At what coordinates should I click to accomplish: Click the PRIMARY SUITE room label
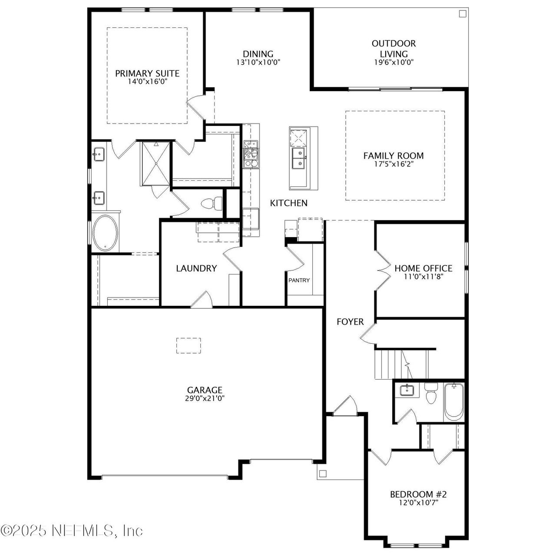click(x=147, y=73)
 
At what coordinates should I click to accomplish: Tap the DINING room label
click(x=258, y=54)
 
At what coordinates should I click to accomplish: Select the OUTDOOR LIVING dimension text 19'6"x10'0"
click(x=394, y=62)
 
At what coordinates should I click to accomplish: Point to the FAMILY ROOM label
click(x=394, y=156)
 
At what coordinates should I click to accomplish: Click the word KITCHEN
click(x=288, y=203)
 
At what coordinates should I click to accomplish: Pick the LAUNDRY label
click(x=196, y=268)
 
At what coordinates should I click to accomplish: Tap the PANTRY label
click(x=299, y=280)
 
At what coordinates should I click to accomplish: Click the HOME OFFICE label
click(x=423, y=268)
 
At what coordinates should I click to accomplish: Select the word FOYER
click(x=350, y=322)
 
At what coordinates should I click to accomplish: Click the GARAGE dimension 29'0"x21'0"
click(x=205, y=398)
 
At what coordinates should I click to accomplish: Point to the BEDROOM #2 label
click(x=418, y=494)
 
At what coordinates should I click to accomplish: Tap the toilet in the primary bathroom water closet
click(x=212, y=203)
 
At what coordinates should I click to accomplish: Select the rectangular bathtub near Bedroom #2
click(x=454, y=401)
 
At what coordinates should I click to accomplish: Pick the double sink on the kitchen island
click(x=298, y=158)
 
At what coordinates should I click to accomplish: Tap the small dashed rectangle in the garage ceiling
click(x=189, y=345)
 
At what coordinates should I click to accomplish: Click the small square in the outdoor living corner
click(x=463, y=14)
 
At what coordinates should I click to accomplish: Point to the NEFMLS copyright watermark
click(x=72, y=530)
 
